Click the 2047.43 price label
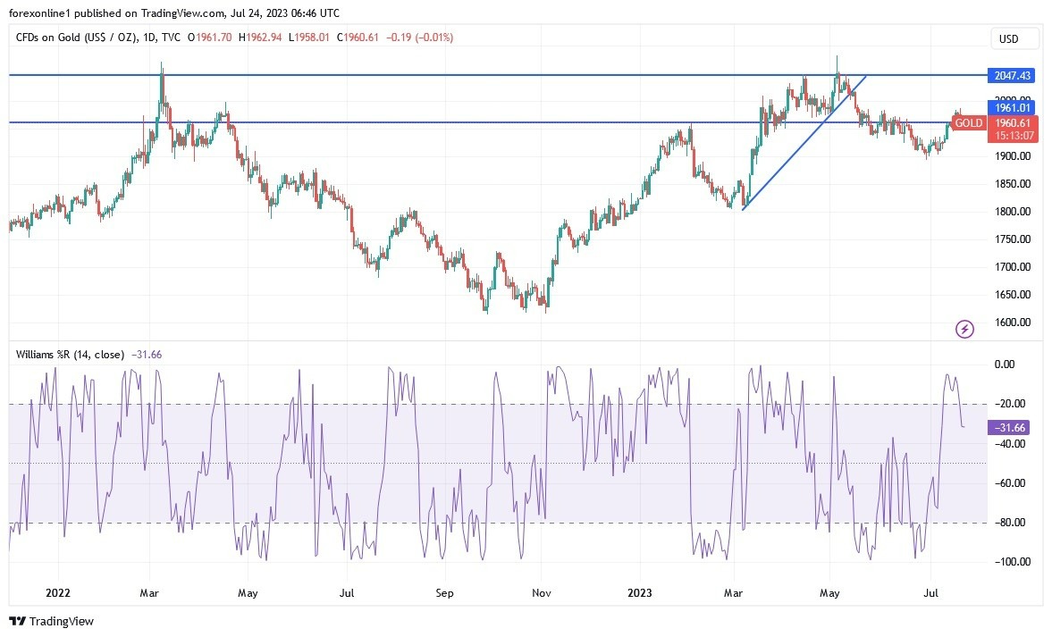(x=1009, y=75)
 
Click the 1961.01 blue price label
(x=1009, y=107)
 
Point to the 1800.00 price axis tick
(x=1013, y=212)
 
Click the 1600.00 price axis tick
(x=1013, y=323)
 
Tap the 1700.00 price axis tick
(x=1013, y=267)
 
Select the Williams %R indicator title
(x=71, y=355)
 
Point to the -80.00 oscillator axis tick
(x=1011, y=523)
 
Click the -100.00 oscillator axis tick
(x=1010, y=562)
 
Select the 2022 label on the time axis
(x=57, y=592)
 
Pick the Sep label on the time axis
(x=445, y=592)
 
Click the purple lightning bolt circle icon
(x=964, y=330)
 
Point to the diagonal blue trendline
(x=804, y=142)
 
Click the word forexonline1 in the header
(x=41, y=13)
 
